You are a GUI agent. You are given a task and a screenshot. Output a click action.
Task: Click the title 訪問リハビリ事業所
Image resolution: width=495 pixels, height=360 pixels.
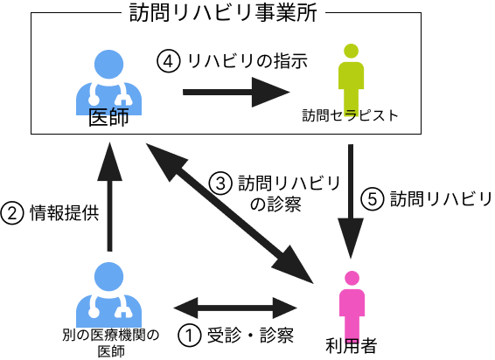(x=223, y=13)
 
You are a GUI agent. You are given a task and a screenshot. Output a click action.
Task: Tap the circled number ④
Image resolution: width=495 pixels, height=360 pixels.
(x=169, y=61)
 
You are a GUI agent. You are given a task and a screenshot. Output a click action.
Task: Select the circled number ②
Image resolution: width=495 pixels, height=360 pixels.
(x=12, y=213)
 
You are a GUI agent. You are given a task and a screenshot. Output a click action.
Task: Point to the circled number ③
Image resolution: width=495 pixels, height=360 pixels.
(x=220, y=183)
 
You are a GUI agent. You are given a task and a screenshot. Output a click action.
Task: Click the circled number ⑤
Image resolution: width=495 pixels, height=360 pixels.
(x=373, y=199)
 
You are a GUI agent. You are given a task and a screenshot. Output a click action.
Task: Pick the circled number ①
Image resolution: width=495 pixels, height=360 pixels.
(x=190, y=336)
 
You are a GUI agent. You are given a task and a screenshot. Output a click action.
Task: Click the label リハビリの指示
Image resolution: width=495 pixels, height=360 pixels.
(x=247, y=61)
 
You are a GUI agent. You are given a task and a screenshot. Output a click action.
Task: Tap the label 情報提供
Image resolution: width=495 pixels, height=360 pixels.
(x=65, y=212)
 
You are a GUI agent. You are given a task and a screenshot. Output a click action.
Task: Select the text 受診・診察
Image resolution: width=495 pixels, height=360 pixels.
(x=250, y=335)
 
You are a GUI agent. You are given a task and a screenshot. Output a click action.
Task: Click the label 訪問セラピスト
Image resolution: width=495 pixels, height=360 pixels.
(x=350, y=115)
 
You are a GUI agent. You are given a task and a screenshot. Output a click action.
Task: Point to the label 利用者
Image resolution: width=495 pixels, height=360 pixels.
(x=352, y=345)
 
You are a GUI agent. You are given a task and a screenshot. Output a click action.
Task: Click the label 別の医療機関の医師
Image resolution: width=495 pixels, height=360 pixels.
(x=110, y=343)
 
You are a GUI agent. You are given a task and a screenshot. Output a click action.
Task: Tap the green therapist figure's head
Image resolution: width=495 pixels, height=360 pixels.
(x=351, y=51)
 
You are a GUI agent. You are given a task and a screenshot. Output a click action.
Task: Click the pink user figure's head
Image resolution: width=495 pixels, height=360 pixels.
(x=352, y=278)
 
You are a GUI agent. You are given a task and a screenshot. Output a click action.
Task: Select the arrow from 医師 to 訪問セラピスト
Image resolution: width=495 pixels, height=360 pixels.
(x=236, y=92)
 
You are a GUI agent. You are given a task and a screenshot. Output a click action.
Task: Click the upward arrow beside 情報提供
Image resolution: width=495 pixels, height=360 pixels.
(x=109, y=197)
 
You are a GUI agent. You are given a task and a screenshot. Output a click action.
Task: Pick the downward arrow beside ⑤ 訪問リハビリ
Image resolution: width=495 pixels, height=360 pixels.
(x=351, y=201)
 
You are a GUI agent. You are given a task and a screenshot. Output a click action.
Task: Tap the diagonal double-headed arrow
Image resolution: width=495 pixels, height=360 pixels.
(x=229, y=213)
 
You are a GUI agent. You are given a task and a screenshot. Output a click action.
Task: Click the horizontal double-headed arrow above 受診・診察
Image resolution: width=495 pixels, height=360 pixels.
(x=235, y=308)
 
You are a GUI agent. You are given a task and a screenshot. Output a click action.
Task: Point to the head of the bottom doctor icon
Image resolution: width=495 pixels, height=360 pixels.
(x=109, y=277)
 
